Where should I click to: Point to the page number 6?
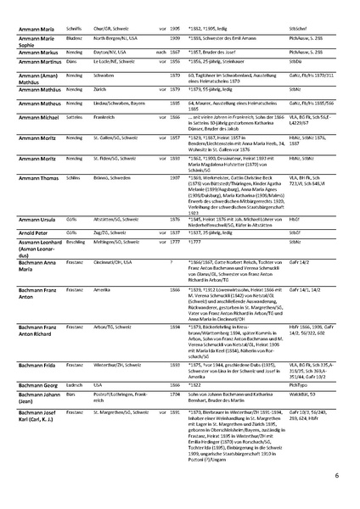[x=335, y=478]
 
